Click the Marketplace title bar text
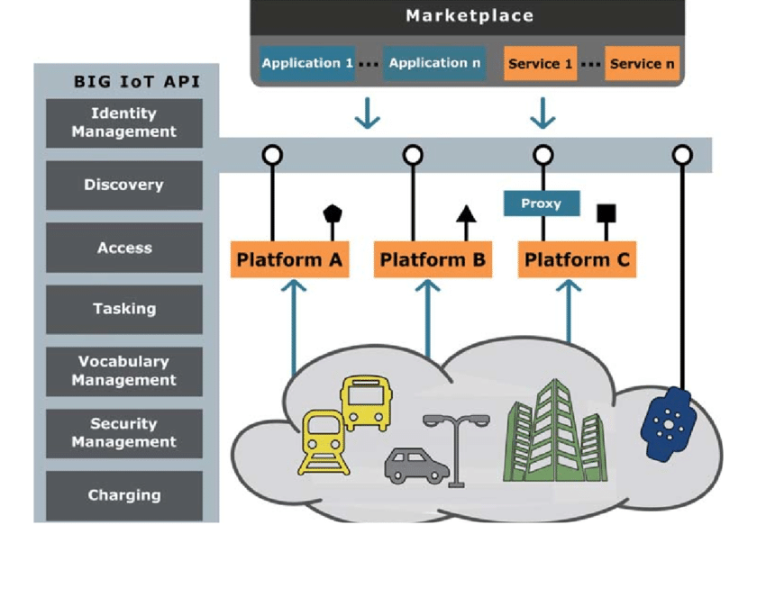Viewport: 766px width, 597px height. coord(469,16)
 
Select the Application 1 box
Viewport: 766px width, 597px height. coord(307,64)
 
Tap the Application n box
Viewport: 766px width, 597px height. coord(434,64)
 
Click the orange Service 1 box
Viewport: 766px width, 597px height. coord(540,64)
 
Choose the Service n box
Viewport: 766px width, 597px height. coord(642,64)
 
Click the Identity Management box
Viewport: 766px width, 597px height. coord(123,122)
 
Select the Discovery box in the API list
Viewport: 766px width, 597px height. coord(123,185)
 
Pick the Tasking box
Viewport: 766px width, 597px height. coord(123,309)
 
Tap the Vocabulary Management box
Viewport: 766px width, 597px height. coord(123,371)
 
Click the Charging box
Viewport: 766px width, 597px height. coord(123,495)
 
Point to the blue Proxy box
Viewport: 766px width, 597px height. coord(541,204)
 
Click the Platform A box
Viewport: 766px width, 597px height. coord(289,261)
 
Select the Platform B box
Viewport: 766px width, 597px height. coord(433,261)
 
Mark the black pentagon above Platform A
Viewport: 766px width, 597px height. coord(333,214)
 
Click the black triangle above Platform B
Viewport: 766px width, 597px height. coord(466,214)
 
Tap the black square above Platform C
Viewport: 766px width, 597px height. coord(606,213)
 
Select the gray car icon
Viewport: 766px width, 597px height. coord(416,466)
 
